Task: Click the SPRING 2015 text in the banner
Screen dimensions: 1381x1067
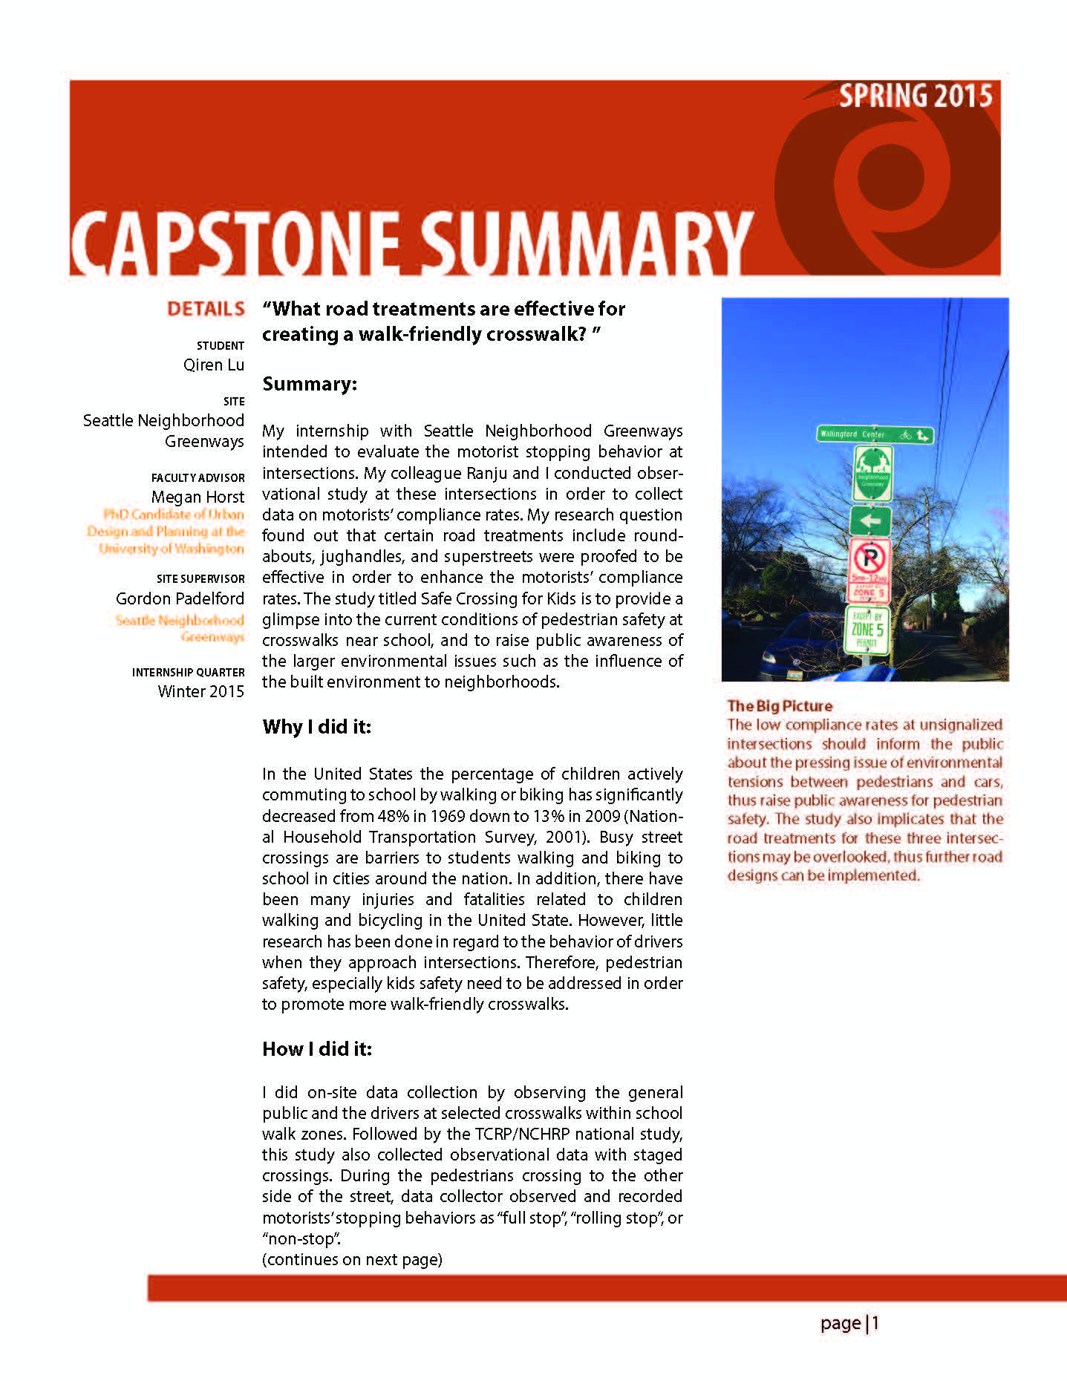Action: click(915, 97)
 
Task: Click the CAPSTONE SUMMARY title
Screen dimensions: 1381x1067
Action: click(411, 243)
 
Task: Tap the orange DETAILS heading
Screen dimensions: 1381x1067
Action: click(206, 309)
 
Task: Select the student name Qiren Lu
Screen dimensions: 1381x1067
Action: click(214, 365)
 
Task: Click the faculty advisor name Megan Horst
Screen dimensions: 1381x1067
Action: click(198, 497)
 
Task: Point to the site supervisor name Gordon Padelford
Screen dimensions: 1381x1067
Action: click(180, 598)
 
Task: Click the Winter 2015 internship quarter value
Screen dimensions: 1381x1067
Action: click(200, 691)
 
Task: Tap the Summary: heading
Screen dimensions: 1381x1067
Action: click(310, 384)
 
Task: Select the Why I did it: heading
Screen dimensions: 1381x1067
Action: click(316, 726)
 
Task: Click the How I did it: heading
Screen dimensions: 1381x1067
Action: click(317, 1048)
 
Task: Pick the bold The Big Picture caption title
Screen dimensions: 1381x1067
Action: click(780, 705)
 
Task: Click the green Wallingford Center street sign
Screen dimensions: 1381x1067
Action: click(874, 434)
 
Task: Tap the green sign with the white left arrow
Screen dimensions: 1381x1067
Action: click(870, 520)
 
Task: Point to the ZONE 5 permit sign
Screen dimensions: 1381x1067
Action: click(867, 630)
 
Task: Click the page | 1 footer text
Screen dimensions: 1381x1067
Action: click(849, 1322)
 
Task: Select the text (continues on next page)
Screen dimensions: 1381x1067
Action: click(352, 1259)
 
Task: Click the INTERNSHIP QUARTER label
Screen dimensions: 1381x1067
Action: click(188, 672)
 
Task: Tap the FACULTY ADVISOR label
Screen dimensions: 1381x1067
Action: click(198, 477)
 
